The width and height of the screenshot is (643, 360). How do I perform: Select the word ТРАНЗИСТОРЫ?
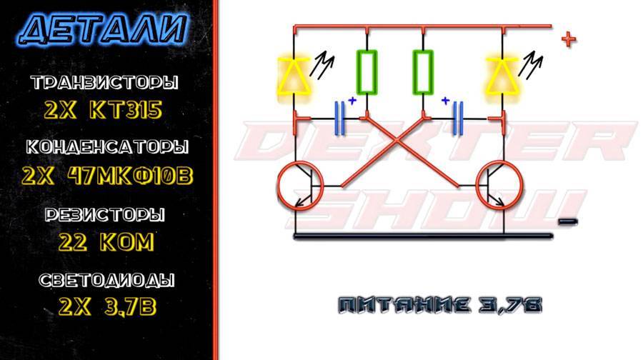[105, 84]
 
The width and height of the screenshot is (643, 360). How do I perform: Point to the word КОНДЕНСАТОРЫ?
[107, 148]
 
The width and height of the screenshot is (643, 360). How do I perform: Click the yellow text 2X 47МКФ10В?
[107, 176]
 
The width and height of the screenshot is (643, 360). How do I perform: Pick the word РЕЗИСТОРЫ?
[105, 215]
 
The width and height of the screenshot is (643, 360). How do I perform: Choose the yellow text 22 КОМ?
[105, 242]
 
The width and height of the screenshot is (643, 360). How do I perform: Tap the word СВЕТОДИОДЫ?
[105, 280]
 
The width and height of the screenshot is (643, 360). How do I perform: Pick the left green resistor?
[367, 72]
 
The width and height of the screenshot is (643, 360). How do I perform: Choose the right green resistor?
[424, 72]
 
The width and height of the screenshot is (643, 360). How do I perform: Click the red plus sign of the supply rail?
[568, 39]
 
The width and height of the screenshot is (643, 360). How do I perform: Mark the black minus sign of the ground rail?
[567, 221]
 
